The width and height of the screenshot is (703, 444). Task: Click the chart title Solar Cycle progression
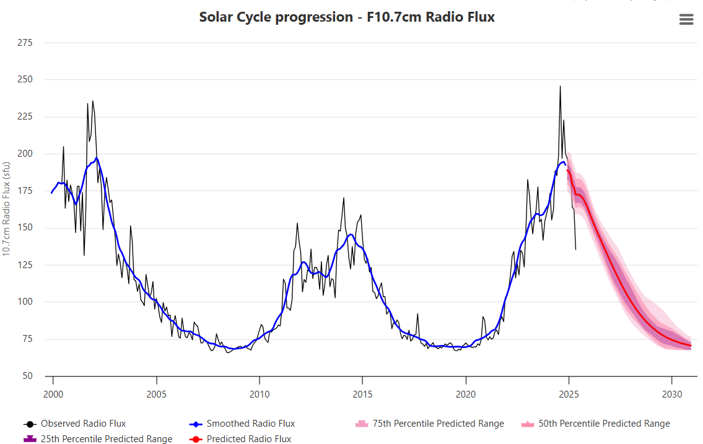pyautogui.click(x=347, y=17)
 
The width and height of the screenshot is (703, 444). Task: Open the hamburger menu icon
pyautogui.click(x=686, y=19)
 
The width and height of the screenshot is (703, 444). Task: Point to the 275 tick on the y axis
pyautogui.click(x=26, y=43)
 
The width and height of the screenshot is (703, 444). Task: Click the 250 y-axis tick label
pyautogui.click(x=26, y=80)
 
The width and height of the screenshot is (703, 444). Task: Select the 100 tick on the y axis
pyautogui.click(x=26, y=302)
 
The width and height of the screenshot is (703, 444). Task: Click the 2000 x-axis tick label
pyautogui.click(x=53, y=394)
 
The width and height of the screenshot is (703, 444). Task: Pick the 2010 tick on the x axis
pyautogui.click(x=260, y=394)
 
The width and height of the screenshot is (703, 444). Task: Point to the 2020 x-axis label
pyautogui.click(x=466, y=394)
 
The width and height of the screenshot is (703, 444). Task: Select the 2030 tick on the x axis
pyautogui.click(x=672, y=394)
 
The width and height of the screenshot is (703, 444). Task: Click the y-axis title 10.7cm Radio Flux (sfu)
pyautogui.click(x=6, y=209)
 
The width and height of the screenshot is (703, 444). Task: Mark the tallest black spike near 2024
pyautogui.click(x=560, y=87)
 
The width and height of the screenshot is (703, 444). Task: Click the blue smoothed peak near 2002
pyautogui.click(x=97, y=158)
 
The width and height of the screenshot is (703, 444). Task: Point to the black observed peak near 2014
pyautogui.click(x=344, y=198)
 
